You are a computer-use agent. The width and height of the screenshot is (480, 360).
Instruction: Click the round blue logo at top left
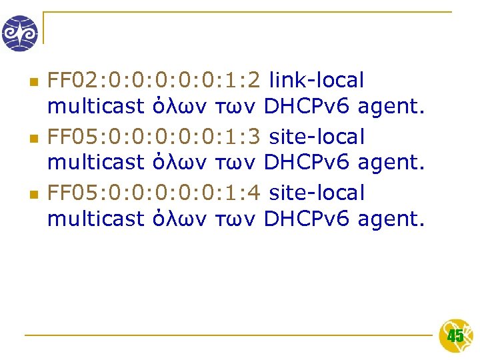pos(20,33)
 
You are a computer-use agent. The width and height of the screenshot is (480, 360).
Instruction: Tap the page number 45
pos(455,336)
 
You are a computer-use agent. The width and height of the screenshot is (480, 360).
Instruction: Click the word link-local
pos(317,81)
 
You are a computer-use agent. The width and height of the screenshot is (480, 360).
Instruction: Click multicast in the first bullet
pos(95,106)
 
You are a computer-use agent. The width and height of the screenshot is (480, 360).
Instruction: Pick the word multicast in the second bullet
pos(95,162)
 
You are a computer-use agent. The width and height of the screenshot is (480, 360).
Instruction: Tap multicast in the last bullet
pos(95,218)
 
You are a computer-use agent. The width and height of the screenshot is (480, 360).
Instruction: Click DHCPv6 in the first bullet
pos(307,106)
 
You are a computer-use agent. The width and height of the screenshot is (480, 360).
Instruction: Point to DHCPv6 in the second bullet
pos(307,162)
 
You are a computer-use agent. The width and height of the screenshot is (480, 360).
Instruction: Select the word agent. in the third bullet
pos(391,218)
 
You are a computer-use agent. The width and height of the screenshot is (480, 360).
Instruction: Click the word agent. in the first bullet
pos(391,106)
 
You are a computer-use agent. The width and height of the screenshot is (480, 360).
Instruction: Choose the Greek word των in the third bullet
pos(236,218)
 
